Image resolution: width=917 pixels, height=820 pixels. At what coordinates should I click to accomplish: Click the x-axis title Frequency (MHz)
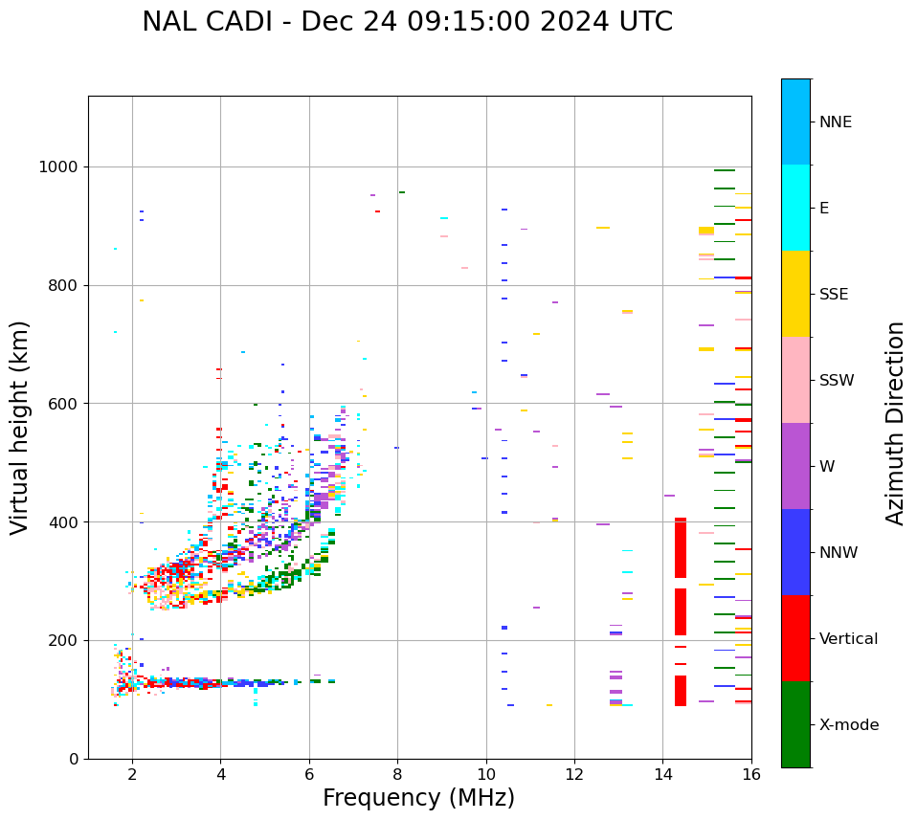418,798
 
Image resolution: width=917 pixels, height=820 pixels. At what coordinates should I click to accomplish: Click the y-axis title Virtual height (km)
20,427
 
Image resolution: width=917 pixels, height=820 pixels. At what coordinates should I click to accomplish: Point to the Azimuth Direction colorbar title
895,423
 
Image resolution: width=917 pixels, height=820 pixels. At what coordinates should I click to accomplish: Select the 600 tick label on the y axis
63,404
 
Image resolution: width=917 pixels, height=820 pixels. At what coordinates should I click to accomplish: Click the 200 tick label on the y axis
63,640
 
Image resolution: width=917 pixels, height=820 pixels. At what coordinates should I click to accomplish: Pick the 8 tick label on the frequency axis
397,774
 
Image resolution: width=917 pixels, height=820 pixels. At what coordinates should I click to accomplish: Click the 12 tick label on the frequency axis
574,774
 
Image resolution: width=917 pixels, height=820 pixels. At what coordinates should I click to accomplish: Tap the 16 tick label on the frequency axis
751,774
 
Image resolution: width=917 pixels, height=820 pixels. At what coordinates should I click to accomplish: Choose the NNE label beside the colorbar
835,122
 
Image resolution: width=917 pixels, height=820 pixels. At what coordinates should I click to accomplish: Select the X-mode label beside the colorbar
849,725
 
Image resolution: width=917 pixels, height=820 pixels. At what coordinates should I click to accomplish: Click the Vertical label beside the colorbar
849,639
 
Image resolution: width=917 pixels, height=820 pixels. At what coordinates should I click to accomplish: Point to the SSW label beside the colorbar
837,381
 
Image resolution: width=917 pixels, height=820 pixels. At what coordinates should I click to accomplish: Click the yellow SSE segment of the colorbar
795,294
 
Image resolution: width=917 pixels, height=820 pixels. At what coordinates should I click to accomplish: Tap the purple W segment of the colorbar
795,466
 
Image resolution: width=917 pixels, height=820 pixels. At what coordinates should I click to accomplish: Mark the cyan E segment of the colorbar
795,208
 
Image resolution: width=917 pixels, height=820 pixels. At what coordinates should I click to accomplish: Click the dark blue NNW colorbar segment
795,552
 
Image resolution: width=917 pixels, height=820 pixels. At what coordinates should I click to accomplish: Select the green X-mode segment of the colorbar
795,724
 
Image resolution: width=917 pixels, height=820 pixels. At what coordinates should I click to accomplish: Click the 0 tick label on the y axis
73,759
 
